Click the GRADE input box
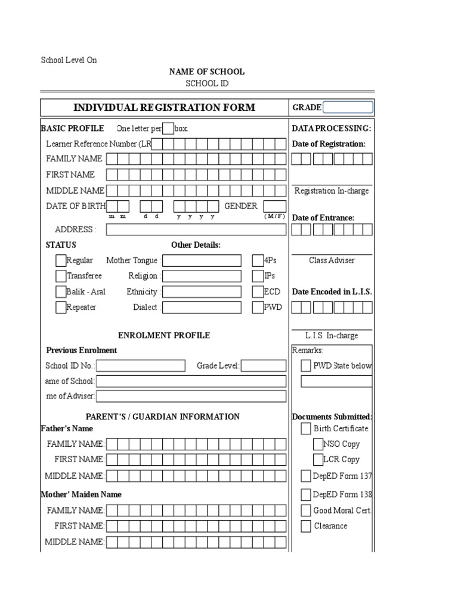pyautogui.click(x=348, y=107)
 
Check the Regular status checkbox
pyautogui.click(x=61, y=260)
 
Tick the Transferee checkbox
pyautogui.click(x=61, y=276)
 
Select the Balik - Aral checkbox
pyautogui.click(x=61, y=291)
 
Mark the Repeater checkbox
pyautogui.click(x=61, y=307)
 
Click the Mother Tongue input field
pyautogui.click(x=202, y=260)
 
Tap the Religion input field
pyautogui.click(x=202, y=276)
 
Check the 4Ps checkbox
pyautogui.click(x=258, y=260)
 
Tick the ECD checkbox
pyautogui.click(x=258, y=291)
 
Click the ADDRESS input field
pyautogui.click(x=196, y=229)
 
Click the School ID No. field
pyautogui.click(x=141, y=365)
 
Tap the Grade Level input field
pyautogui.click(x=264, y=365)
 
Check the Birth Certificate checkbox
pyautogui.click(x=306, y=428)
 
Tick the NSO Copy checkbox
pyautogui.click(x=318, y=444)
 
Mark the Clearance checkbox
pyautogui.click(x=306, y=526)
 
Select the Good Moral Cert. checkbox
pyautogui.click(x=306, y=511)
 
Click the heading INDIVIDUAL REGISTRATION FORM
pyautogui.click(x=164, y=108)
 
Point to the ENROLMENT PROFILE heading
pyautogui.click(x=164, y=335)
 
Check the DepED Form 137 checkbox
pyautogui.click(x=306, y=475)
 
